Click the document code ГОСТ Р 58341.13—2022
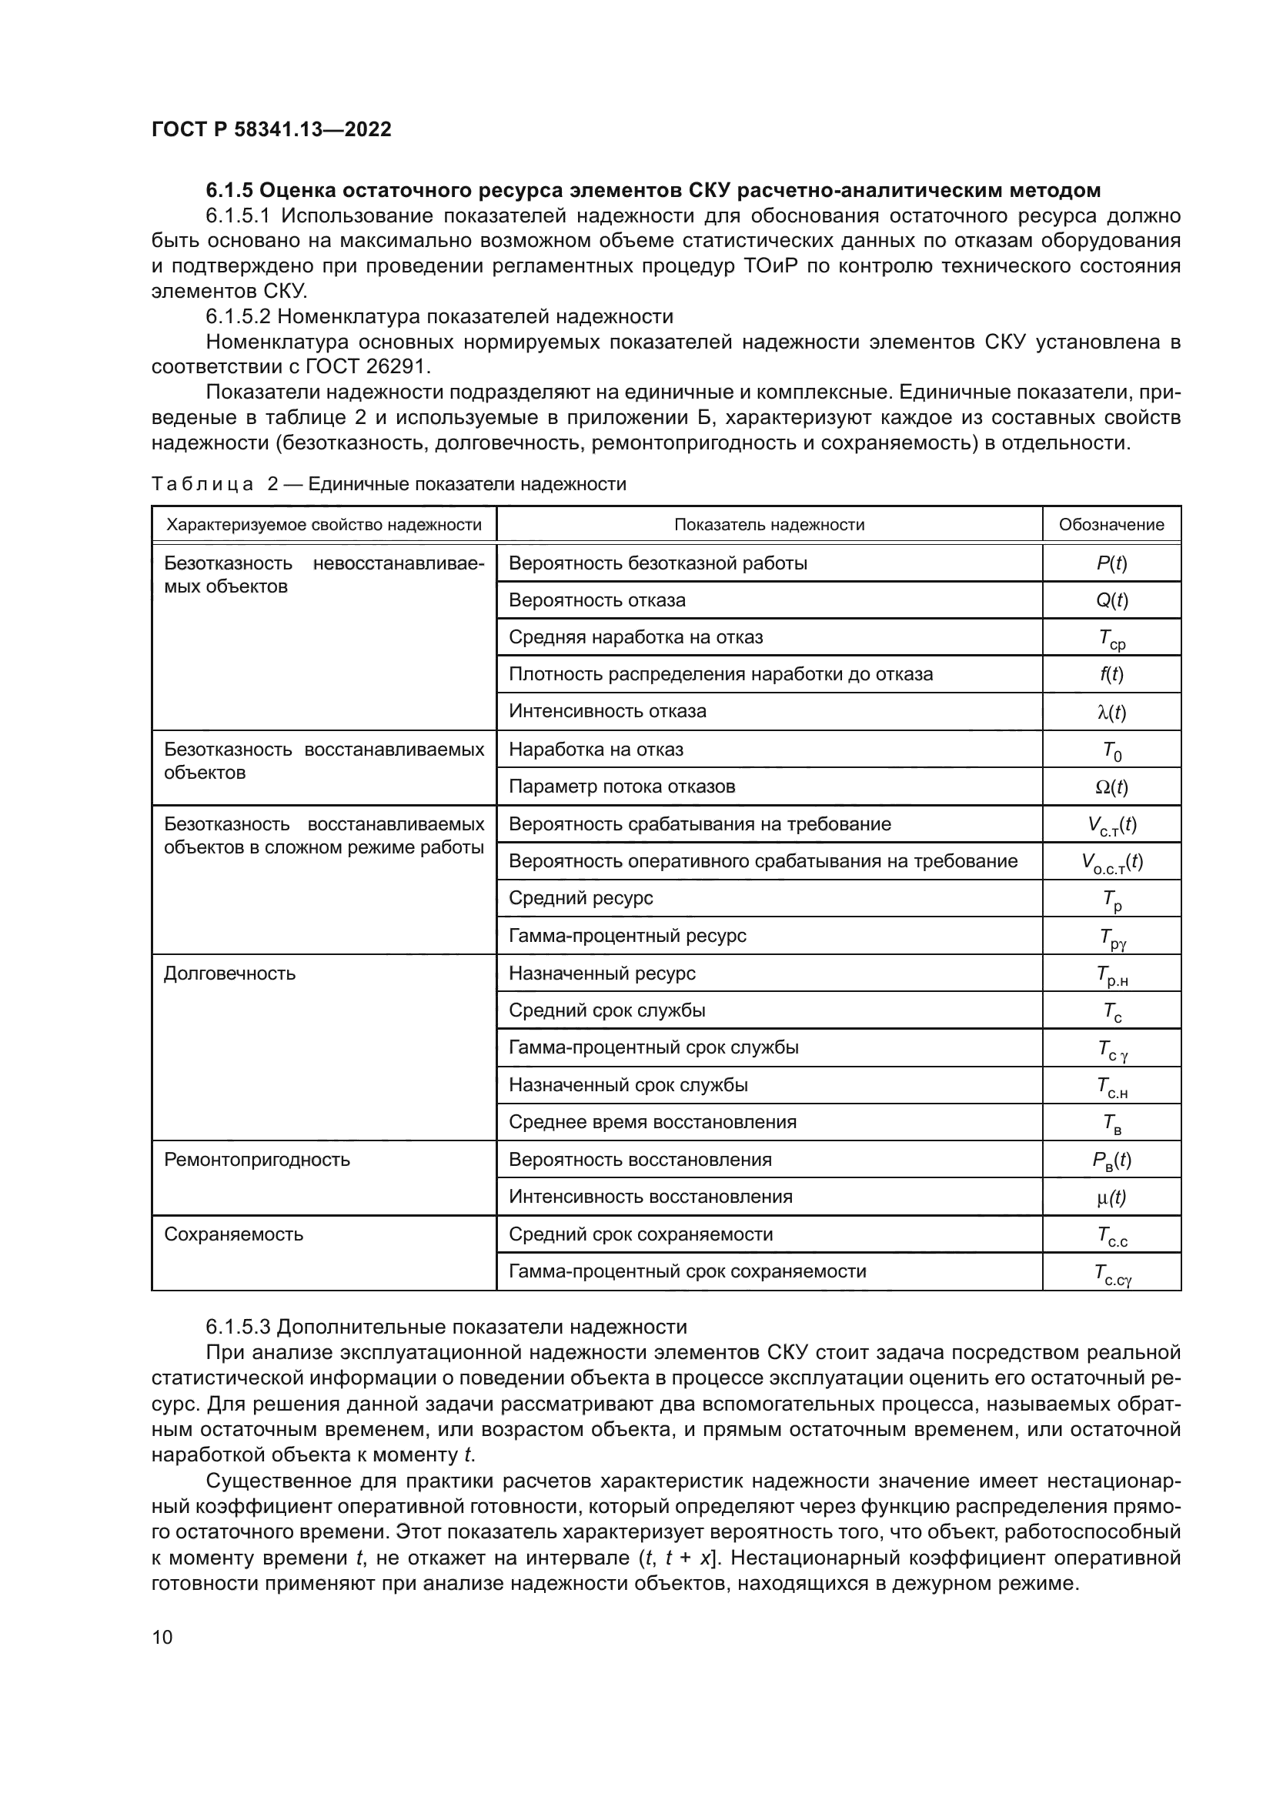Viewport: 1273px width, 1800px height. (271, 129)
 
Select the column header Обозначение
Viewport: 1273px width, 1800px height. (1111, 525)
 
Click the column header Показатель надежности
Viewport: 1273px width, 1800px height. (769, 525)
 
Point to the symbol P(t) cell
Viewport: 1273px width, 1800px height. (1111, 563)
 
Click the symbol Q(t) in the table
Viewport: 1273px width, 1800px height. (1111, 599)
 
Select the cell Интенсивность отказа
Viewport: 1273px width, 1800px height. (607, 711)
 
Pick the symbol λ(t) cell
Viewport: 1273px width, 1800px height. (1111, 712)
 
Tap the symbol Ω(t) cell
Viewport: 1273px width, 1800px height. (1111, 786)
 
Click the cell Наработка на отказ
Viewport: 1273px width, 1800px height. (596, 750)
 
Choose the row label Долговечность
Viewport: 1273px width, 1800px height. (229, 973)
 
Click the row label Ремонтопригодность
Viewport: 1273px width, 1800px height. (256, 1160)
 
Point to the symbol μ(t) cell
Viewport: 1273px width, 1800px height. (1111, 1197)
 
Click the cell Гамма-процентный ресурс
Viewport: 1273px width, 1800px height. (627, 935)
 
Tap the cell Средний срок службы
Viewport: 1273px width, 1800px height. (606, 1010)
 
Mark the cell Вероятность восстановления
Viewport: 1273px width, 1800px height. (640, 1160)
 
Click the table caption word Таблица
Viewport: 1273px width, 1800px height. (202, 484)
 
